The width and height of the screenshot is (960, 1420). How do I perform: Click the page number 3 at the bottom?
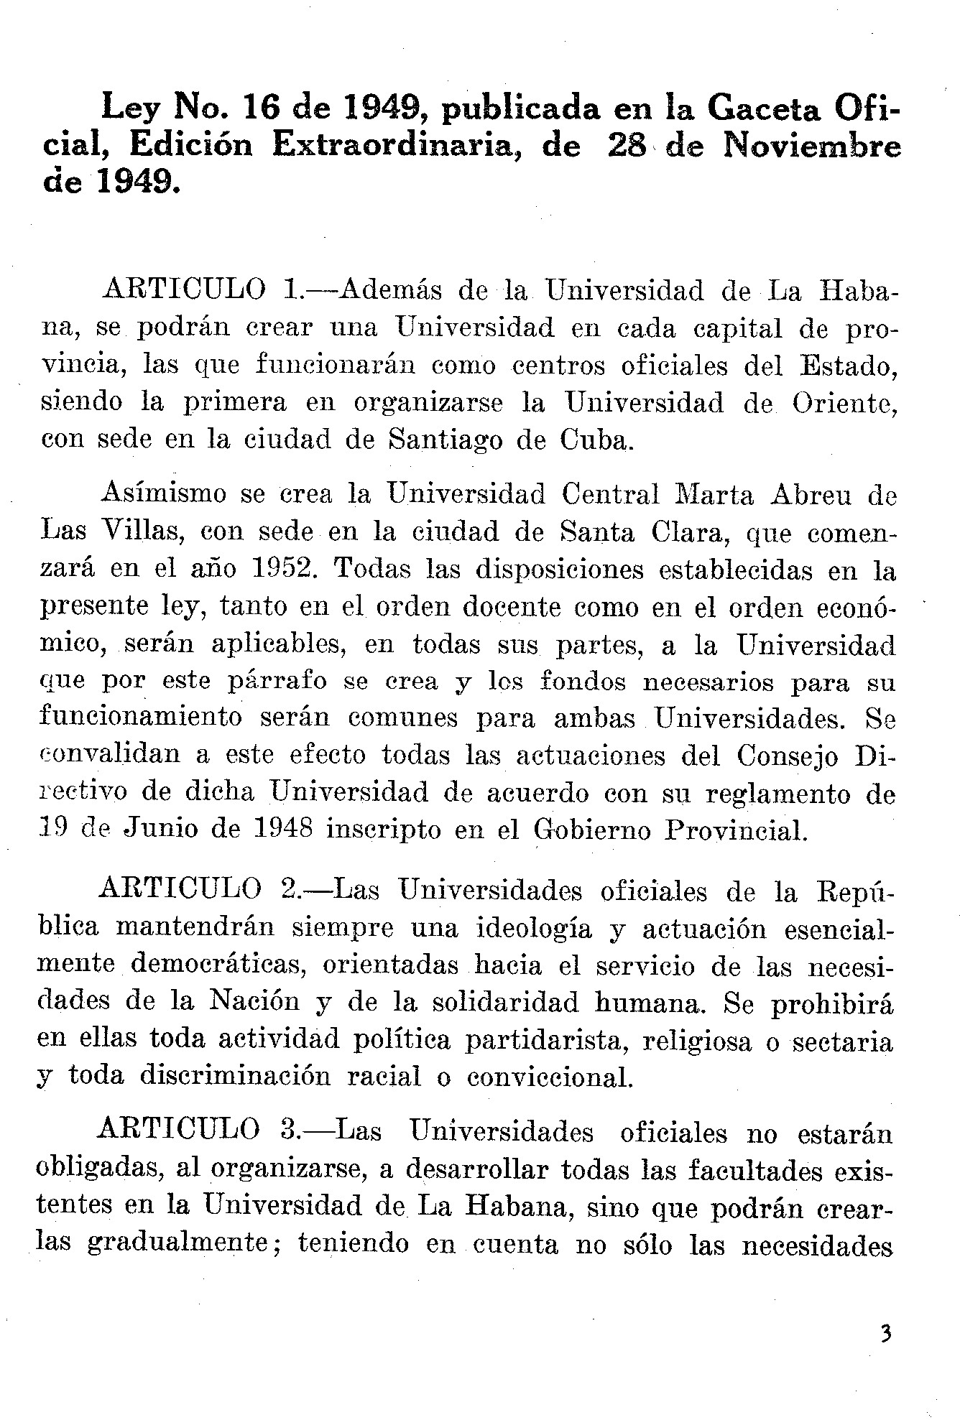coord(886,1335)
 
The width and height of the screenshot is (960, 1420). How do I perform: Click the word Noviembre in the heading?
coord(811,147)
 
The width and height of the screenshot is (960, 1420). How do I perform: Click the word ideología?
coord(534,929)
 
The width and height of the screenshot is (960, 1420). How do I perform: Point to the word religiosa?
coord(698,1041)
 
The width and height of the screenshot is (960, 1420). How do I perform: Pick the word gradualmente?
coord(177,1244)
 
